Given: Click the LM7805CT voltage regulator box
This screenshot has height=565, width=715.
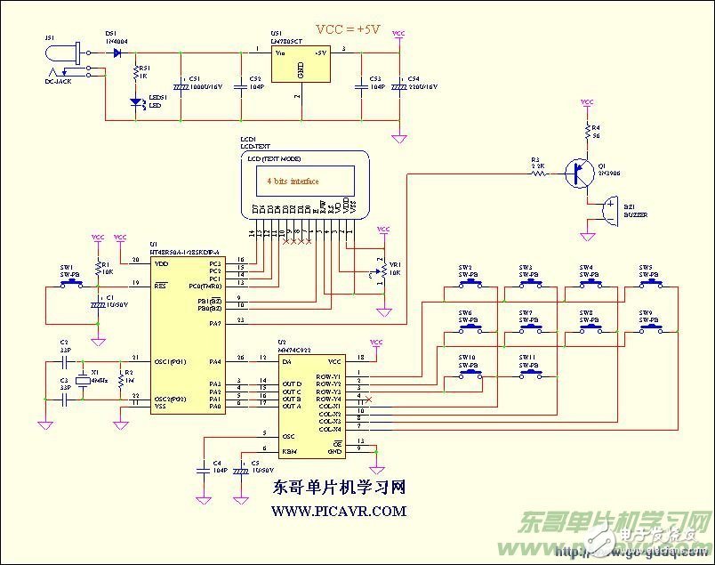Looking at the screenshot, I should (x=299, y=66).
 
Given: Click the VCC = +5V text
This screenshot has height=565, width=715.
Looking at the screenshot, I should (x=348, y=29).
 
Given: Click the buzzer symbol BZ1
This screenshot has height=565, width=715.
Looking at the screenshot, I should (x=608, y=212).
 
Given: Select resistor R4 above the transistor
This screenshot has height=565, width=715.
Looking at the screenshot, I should (x=586, y=133).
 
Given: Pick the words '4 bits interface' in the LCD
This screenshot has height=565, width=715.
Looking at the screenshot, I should (x=293, y=180).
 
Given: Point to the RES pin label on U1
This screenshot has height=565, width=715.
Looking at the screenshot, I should (x=161, y=286).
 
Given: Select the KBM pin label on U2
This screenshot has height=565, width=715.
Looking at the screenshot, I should (x=289, y=452).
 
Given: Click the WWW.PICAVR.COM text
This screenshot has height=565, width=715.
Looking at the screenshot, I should (x=339, y=512).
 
